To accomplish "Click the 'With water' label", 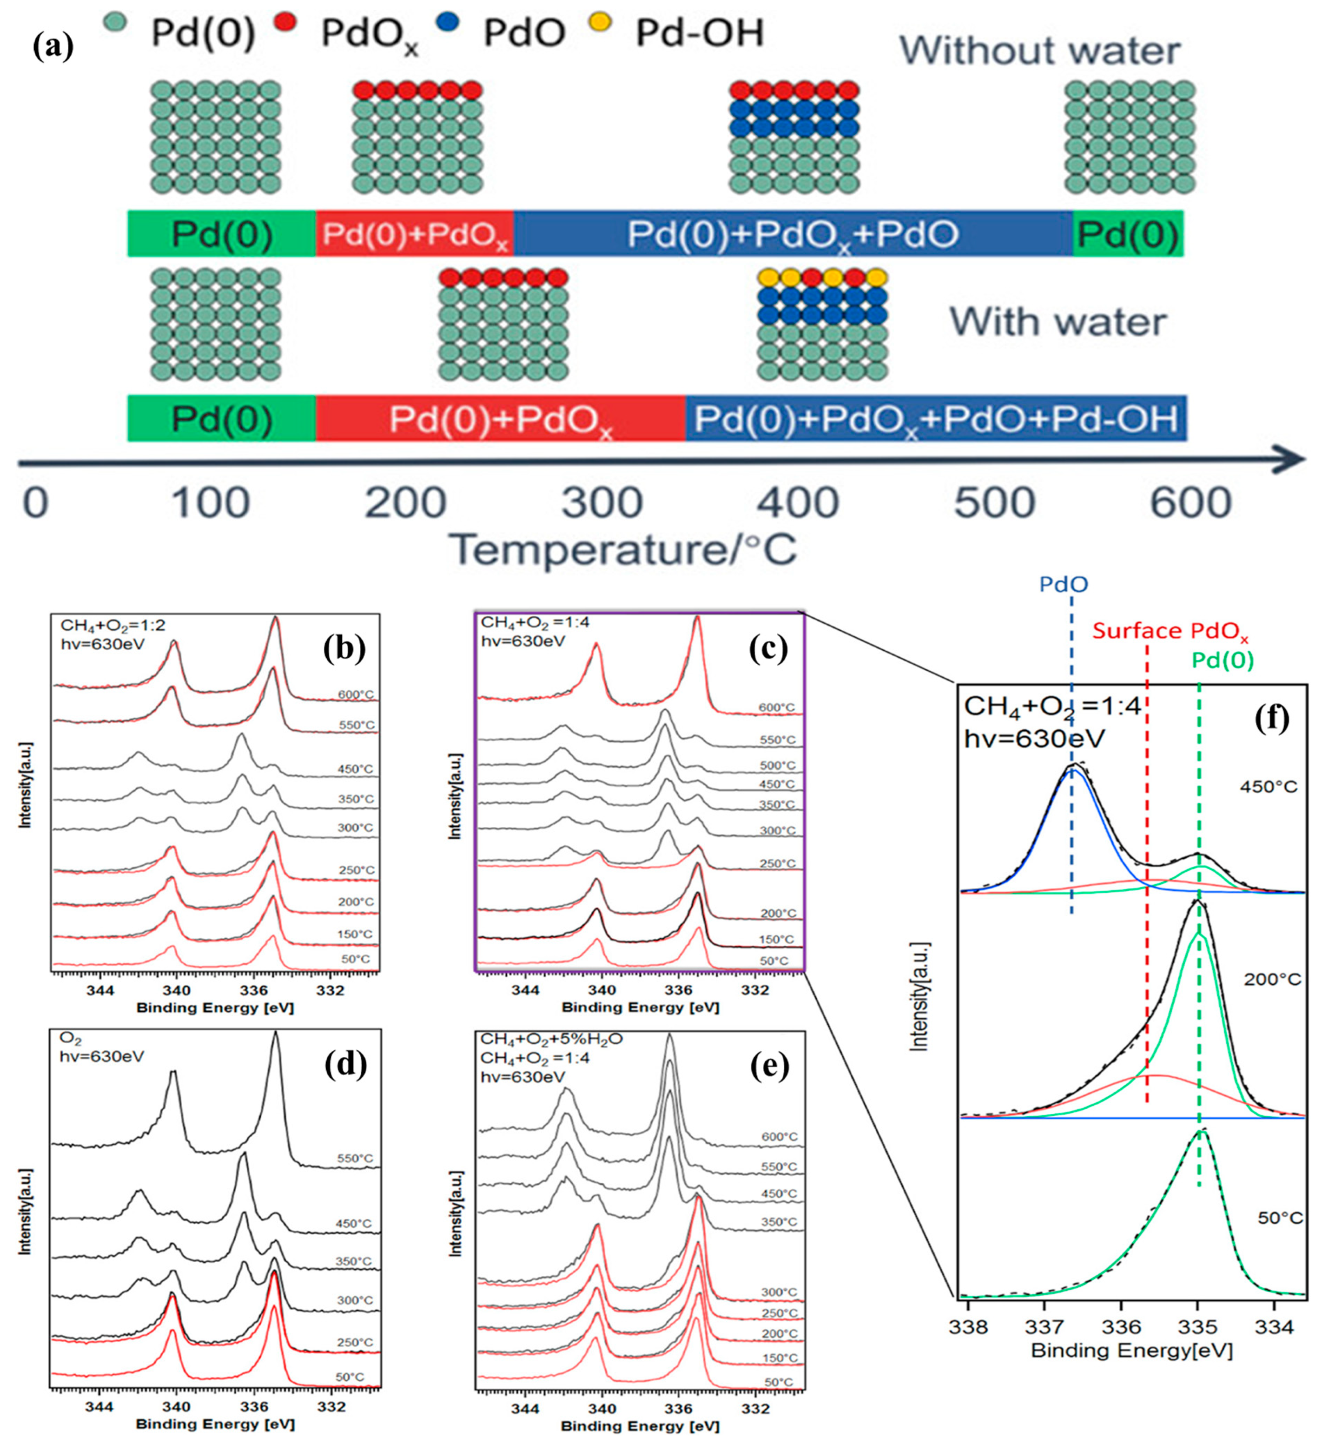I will (x=1058, y=322).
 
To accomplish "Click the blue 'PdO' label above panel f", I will (x=1064, y=585).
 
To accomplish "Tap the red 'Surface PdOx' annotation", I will (x=1170, y=631).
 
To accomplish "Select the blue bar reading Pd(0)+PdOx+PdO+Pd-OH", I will (x=936, y=418).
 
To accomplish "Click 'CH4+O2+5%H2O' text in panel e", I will (x=551, y=1039).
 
